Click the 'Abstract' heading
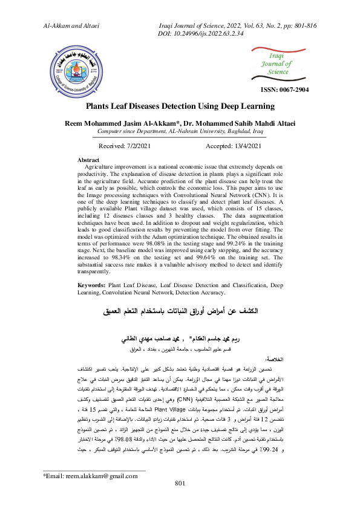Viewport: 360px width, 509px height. pos(90,160)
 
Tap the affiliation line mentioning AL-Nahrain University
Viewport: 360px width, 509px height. pos(180,131)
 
